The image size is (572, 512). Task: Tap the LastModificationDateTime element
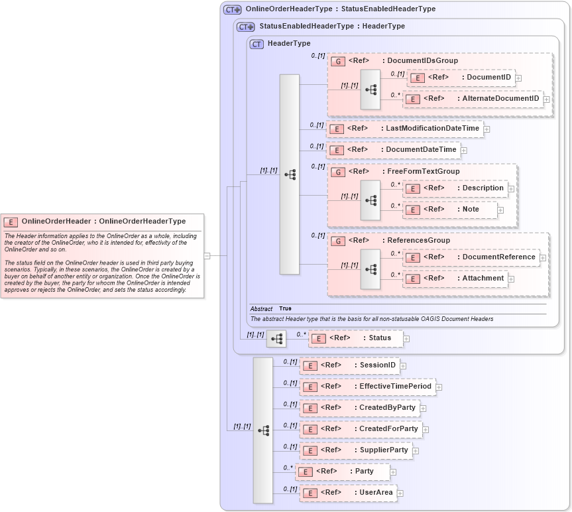pos(405,129)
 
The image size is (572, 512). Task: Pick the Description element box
pos(455,188)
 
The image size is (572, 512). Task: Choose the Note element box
pos(450,210)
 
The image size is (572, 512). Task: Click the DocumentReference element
pos(471,257)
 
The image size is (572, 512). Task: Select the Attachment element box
pos(455,279)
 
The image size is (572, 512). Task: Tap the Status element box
pos(355,338)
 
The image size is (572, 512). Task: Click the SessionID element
pos(349,365)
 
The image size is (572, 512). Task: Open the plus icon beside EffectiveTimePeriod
pos(439,387)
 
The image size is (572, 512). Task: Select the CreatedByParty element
pos(359,408)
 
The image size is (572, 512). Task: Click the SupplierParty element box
pos(356,450)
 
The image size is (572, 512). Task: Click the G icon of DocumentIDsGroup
pos(338,61)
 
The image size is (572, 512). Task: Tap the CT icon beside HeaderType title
pos(257,44)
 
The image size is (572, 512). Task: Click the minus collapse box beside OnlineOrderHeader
pos(207,255)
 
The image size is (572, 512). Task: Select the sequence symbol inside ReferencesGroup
pos(371,269)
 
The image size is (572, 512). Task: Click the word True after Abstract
pos(285,308)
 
